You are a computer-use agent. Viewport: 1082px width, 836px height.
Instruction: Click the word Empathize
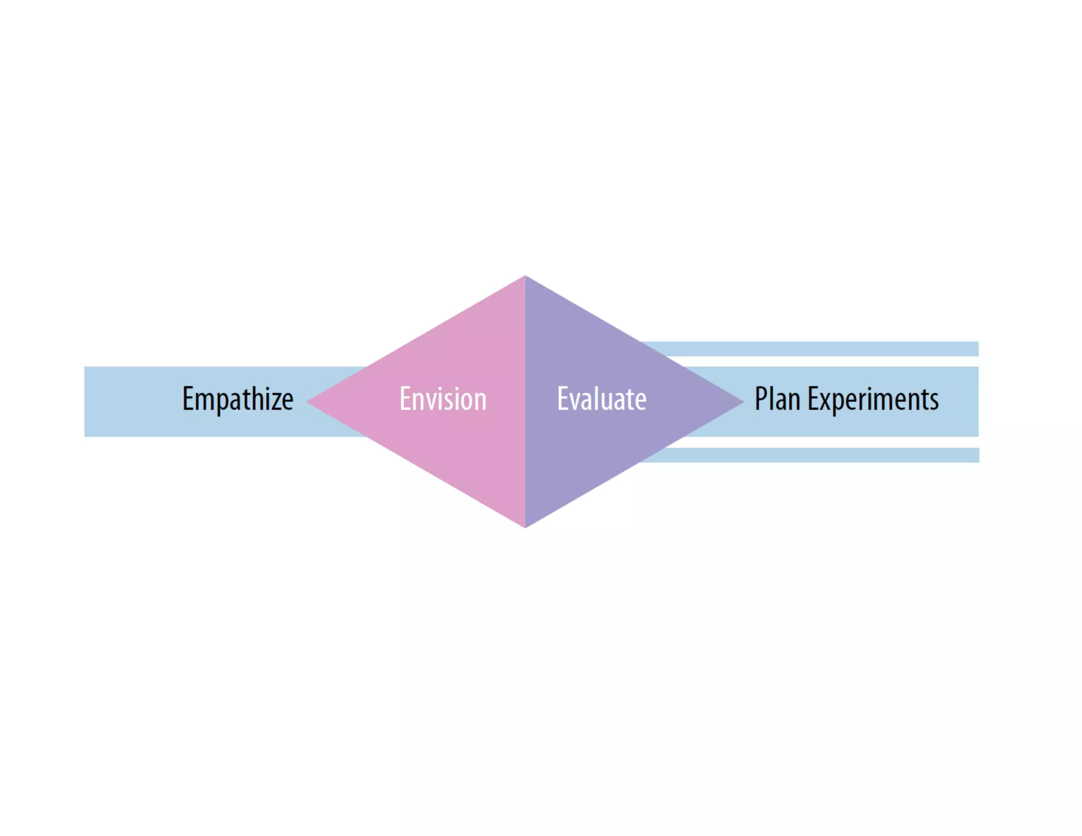238,399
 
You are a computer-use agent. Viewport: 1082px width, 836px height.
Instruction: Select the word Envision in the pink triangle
443,399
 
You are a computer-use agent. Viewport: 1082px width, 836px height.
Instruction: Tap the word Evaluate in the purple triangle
602,399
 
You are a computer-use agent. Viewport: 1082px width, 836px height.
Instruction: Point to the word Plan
777,399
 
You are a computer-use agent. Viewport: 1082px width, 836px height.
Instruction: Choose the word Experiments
873,399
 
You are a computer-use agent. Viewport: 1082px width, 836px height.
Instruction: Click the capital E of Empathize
188,399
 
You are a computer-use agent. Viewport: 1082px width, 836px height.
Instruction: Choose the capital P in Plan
761,399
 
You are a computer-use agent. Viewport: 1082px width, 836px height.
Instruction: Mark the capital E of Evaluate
563,399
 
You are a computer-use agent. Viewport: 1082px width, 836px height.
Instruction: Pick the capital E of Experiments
813,399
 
